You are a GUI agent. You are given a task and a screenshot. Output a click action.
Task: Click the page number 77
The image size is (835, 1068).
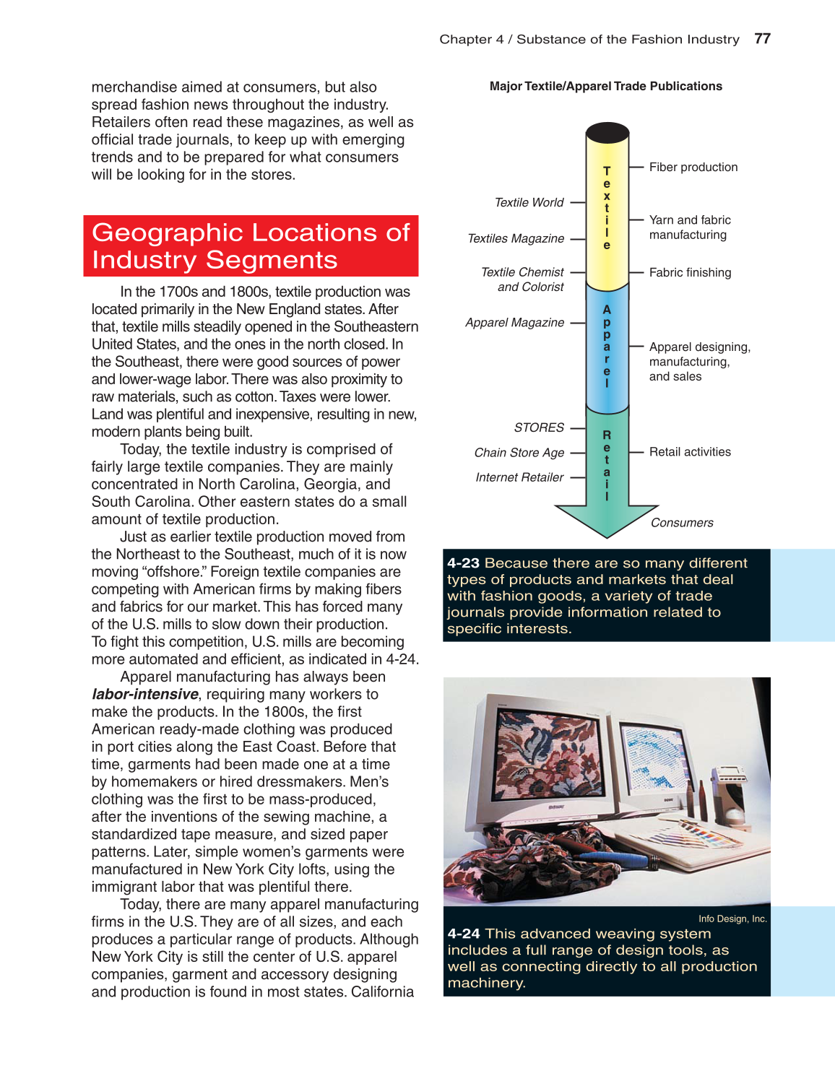(762, 39)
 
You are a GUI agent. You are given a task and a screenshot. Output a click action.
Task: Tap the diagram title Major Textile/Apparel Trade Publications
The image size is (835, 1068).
(605, 87)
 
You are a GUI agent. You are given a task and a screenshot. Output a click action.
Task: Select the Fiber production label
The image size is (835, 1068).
(693, 168)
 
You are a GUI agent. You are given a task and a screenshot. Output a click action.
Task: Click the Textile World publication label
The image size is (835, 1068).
(529, 203)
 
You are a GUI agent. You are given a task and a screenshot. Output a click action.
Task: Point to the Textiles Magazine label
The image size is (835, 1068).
(516, 239)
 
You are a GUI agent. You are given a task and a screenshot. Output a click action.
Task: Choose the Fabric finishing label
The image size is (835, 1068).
(690, 273)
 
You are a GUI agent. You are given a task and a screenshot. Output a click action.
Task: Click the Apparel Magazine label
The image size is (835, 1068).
(514, 323)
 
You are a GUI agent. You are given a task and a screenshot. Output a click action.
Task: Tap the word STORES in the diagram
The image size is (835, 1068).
(539, 428)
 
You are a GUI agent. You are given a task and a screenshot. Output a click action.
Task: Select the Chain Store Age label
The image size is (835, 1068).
(519, 453)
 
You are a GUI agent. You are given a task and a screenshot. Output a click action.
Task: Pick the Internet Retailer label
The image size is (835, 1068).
(519, 477)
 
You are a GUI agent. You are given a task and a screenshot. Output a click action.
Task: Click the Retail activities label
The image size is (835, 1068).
(690, 452)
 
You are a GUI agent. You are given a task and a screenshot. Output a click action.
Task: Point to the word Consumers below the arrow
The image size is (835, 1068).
(682, 523)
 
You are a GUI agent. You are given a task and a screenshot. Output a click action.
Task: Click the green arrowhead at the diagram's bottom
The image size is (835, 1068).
(607, 520)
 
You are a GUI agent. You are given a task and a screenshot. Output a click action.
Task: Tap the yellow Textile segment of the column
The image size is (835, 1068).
(607, 209)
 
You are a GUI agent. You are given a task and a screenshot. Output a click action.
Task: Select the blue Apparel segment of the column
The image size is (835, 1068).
(607, 347)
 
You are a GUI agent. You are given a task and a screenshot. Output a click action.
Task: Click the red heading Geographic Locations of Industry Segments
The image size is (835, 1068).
(251, 246)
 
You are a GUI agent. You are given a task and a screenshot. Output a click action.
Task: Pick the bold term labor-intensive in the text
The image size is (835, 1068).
(145, 695)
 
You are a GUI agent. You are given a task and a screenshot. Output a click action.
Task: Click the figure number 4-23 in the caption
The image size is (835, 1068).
(463, 563)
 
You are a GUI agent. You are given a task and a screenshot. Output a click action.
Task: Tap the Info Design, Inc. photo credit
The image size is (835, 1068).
(732, 919)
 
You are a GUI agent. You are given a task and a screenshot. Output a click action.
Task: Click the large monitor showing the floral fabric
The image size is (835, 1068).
(543, 751)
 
